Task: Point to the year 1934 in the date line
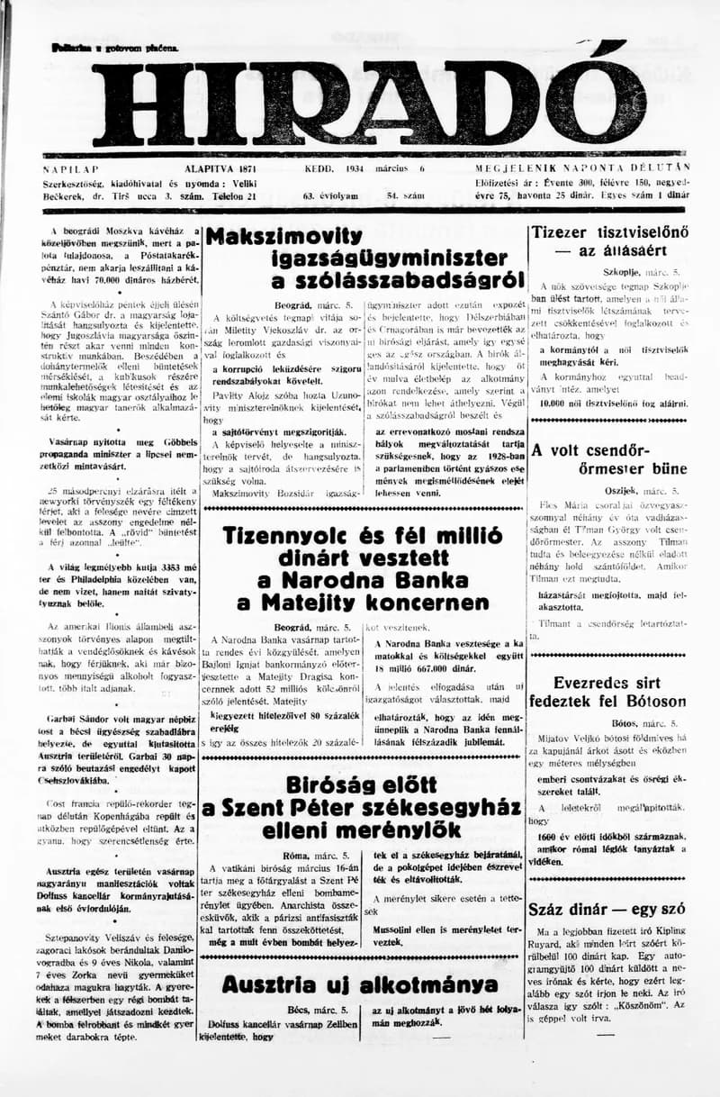[x=352, y=168]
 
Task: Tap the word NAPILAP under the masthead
[x=70, y=168]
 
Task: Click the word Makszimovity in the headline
[x=284, y=237]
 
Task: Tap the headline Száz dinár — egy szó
[x=607, y=910]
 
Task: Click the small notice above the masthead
[x=115, y=47]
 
